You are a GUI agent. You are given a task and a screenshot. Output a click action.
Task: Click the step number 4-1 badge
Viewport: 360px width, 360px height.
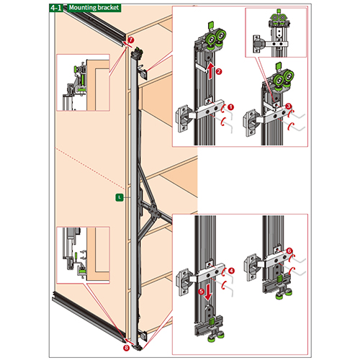[56, 8]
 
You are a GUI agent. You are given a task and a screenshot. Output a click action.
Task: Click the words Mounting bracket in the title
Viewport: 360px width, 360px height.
[94, 8]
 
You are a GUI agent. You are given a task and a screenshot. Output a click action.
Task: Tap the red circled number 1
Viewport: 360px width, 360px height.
[230, 107]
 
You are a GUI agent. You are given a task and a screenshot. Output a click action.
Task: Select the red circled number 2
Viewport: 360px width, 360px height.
[219, 71]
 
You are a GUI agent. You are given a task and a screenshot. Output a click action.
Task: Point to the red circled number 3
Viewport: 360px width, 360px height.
[289, 106]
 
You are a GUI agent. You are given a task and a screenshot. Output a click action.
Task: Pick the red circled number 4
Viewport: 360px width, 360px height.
[231, 271]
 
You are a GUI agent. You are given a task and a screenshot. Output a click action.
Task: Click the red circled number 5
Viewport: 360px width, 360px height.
[201, 292]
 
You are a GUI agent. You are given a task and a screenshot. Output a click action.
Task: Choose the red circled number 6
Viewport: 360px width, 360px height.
[289, 251]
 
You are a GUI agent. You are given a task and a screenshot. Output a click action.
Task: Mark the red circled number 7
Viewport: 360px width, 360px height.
[130, 40]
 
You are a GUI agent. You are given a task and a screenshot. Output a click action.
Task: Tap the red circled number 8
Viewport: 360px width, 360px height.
[126, 348]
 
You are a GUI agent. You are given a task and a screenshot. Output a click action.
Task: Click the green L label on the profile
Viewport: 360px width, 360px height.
[120, 197]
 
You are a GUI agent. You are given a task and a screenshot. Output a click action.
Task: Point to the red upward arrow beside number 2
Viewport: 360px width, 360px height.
[210, 71]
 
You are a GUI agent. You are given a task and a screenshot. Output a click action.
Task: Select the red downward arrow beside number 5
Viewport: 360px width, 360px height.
[208, 292]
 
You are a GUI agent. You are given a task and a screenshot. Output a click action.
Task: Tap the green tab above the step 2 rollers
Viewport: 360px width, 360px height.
[210, 25]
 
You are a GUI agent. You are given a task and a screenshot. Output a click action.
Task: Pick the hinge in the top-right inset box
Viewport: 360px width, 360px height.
[258, 44]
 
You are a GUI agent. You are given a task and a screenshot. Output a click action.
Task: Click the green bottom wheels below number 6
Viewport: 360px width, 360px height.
[284, 294]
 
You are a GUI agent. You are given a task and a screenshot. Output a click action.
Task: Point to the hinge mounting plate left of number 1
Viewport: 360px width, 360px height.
[184, 119]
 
